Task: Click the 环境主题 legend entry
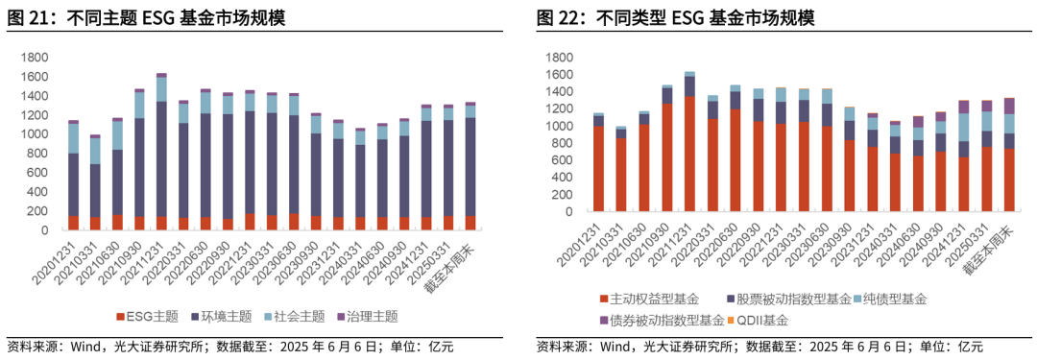[226, 316]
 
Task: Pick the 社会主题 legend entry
[299, 316]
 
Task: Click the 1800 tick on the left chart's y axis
[35, 59]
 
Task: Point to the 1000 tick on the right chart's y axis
[559, 126]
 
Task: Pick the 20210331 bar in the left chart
[95, 182]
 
